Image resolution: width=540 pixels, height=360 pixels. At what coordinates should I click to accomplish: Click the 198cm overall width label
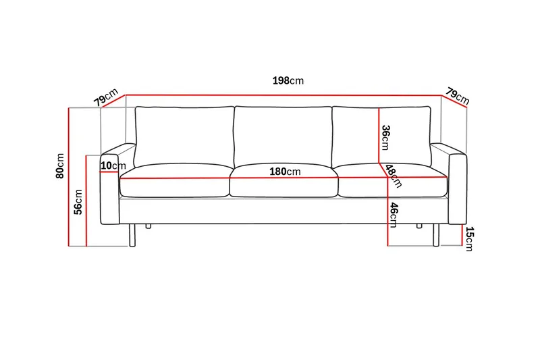[288, 80]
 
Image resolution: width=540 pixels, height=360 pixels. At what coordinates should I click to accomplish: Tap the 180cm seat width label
[285, 172]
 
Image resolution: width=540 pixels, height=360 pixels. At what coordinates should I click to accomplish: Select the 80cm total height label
[60, 166]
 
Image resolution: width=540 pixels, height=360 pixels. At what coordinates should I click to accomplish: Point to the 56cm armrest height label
[78, 202]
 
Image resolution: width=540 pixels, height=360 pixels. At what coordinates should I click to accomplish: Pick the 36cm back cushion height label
[385, 138]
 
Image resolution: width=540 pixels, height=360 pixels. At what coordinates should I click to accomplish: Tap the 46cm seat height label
[393, 214]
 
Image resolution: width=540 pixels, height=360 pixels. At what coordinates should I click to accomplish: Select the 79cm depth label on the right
[457, 96]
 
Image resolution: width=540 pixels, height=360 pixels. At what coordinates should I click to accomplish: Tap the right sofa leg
[435, 234]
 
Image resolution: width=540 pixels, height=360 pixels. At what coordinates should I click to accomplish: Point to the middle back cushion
[282, 136]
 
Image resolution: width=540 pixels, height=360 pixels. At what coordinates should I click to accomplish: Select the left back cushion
[184, 136]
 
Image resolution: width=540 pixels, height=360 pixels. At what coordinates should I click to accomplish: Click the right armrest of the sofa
[457, 189]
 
